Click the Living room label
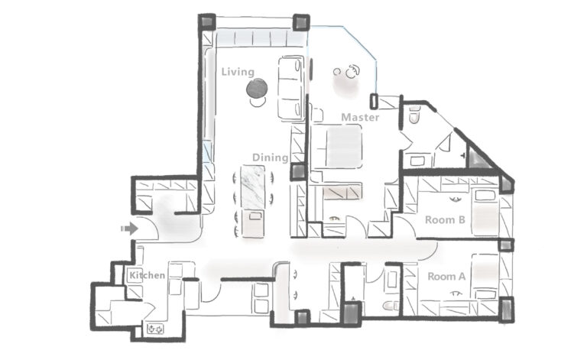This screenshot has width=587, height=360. (238, 72)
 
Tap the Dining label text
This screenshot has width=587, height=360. (271, 157)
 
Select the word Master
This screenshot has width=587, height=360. (360, 117)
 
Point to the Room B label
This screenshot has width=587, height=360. (445, 219)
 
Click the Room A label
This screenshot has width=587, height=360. (446, 277)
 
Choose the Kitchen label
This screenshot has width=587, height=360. (147, 275)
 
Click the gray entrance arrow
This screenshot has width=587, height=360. (129, 229)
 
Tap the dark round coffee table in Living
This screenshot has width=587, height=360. (257, 89)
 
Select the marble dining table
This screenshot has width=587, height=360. (253, 186)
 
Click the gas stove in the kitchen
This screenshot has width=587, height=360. (156, 329)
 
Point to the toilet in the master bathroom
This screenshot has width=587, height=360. (414, 114)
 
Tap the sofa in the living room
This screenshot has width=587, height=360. (290, 89)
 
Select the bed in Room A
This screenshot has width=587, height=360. (485, 277)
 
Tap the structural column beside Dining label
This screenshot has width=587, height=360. (299, 172)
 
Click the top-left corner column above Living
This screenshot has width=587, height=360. (206, 22)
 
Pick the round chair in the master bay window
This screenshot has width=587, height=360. (352, 72)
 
